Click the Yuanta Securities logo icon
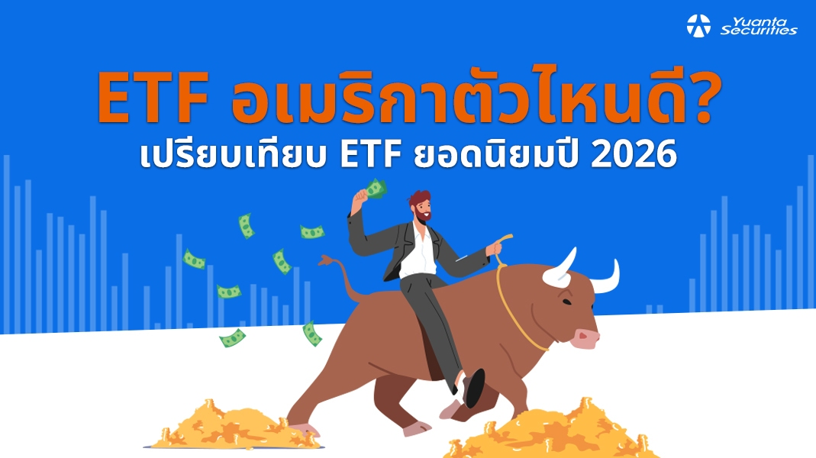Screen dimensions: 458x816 [698, 25]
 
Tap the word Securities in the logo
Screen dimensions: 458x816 [759, 31]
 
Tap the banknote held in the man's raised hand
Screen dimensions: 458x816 [375, 188]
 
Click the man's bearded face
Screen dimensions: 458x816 [418, 205]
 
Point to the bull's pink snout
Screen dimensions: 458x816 [585, 337]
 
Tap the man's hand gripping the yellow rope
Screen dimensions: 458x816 [495, 247]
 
